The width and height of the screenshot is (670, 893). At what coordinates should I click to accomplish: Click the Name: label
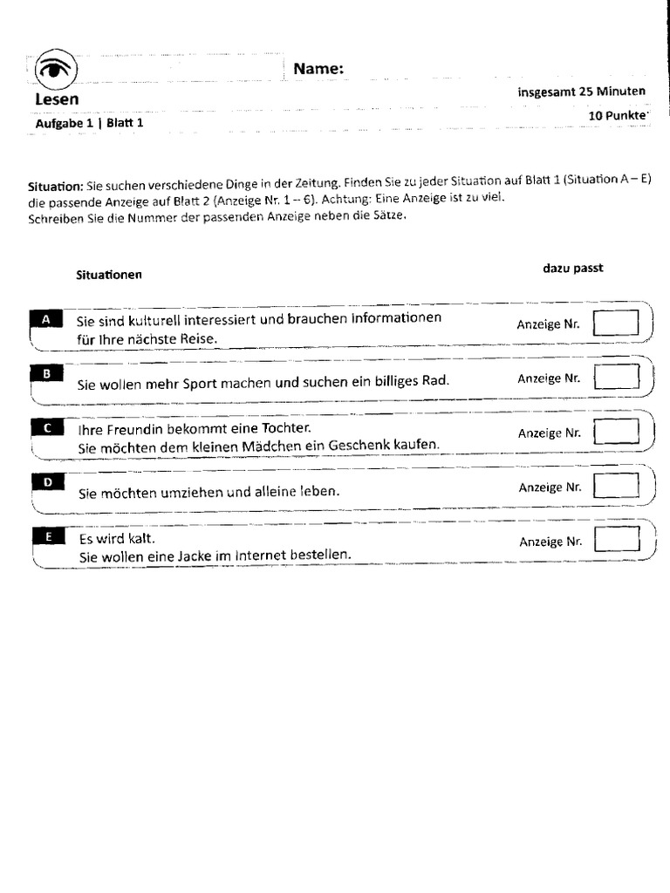(318, 69)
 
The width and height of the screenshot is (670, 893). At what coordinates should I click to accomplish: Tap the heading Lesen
(57, 99)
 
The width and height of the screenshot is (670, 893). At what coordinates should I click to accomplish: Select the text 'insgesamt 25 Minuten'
(581, 92)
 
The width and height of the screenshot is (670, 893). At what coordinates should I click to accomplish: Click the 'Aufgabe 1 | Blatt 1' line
(89, 123)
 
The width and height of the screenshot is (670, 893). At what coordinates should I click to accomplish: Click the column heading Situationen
(109, 275)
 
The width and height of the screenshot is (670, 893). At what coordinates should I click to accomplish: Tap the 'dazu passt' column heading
(572, 268)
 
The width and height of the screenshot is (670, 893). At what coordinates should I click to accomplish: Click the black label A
(46, 319)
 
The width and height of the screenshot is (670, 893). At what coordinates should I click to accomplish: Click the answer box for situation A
(616, 324)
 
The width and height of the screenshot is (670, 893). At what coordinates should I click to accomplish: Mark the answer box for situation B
(617, 378)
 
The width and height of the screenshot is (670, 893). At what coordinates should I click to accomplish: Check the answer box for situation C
(618, 432)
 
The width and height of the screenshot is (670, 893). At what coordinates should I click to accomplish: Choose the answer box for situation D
(618, 487)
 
